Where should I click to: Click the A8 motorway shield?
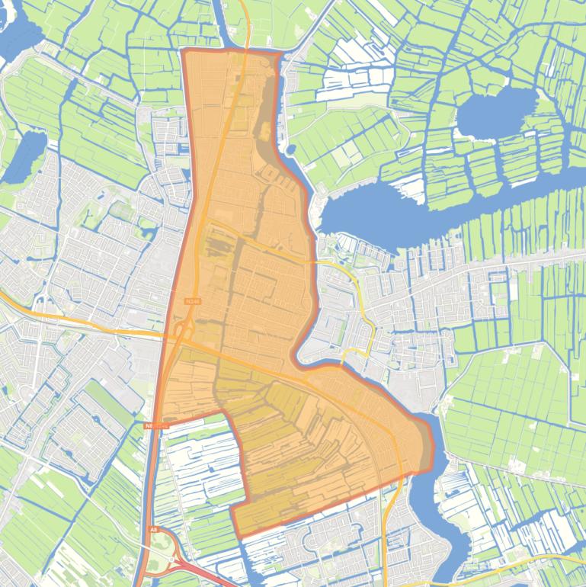click(153, 529)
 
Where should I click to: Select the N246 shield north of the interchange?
click(191, 302)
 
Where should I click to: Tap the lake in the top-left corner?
click(17, 34)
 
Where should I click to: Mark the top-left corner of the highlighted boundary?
click(184, 51)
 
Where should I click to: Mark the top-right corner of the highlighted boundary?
click(279, 54)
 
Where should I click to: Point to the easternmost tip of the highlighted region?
click(431, 446)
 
